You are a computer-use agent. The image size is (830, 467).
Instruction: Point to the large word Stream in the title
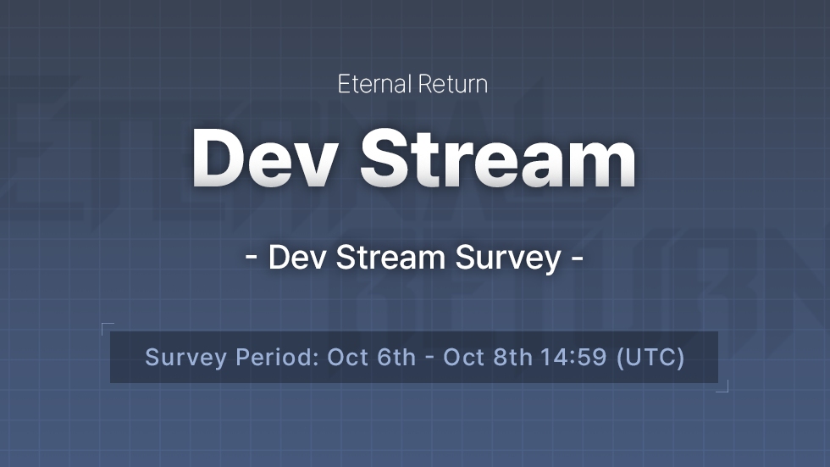coord(500,159)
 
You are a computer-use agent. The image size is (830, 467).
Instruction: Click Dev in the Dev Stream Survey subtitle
coord(298,258)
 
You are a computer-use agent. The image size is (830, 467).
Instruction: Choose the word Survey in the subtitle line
coord(508,258)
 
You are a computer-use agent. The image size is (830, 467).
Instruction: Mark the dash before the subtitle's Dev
coord(252,258)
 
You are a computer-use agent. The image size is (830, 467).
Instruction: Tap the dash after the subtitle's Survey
coord(577,258)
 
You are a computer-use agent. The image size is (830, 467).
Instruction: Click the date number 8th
coord(512,357)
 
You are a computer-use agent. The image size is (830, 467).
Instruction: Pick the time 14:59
coord(574,357)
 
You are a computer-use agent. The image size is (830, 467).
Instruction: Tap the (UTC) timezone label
coord(650,357)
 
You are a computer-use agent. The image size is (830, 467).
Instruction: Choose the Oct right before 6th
coord(347,357)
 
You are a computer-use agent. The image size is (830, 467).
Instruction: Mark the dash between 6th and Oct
coord(429,358)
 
